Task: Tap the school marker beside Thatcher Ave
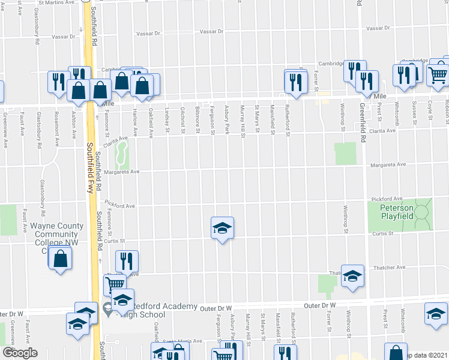coord(352,276)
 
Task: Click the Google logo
coord(19,353)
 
